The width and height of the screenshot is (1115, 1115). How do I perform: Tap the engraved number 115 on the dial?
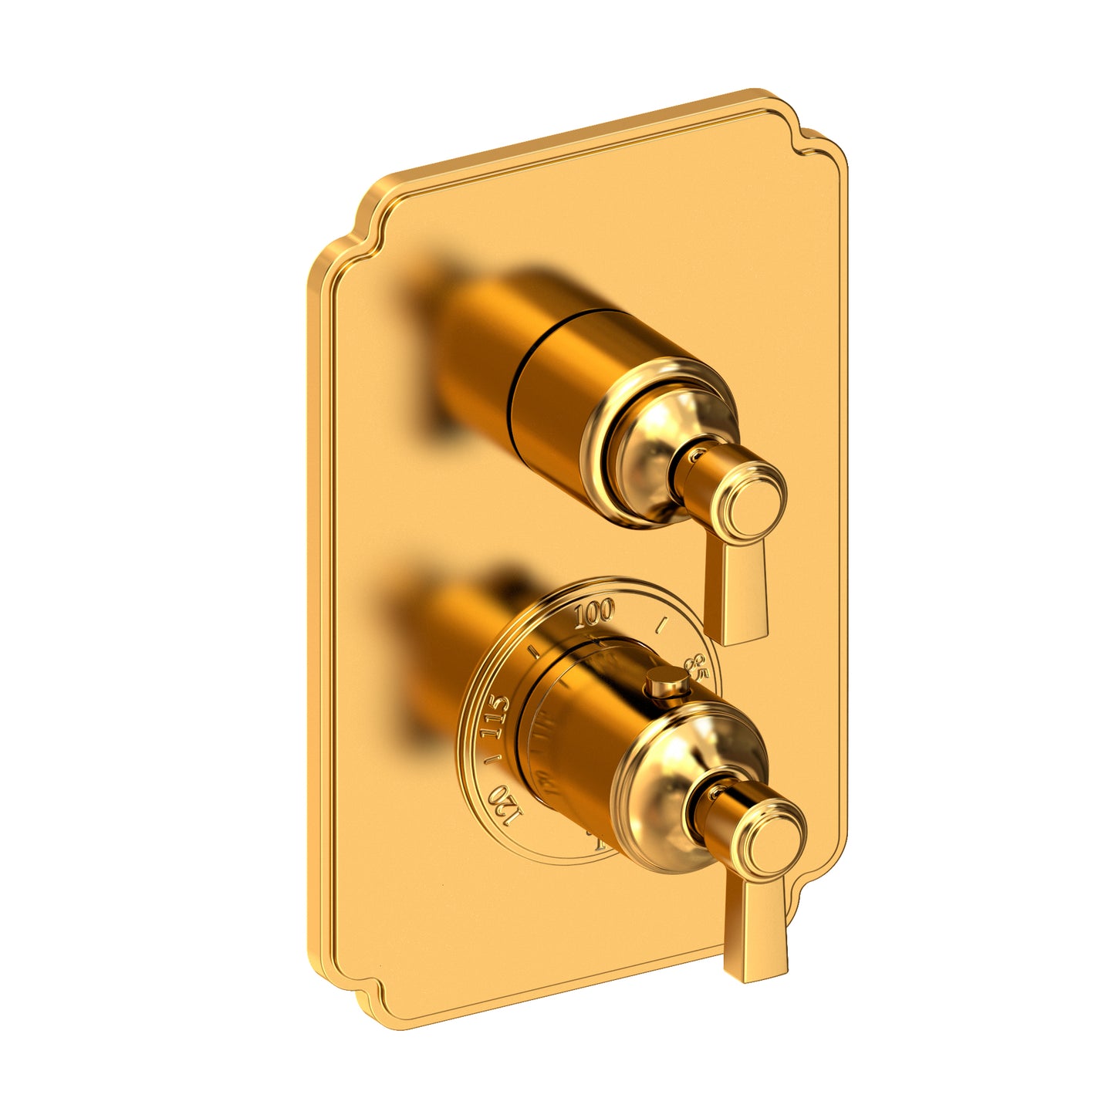[x=495, y=717]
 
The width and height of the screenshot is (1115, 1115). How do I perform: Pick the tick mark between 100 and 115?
[x=534, y=650]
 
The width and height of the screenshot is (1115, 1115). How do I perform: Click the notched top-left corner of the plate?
[x=351, y=231]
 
